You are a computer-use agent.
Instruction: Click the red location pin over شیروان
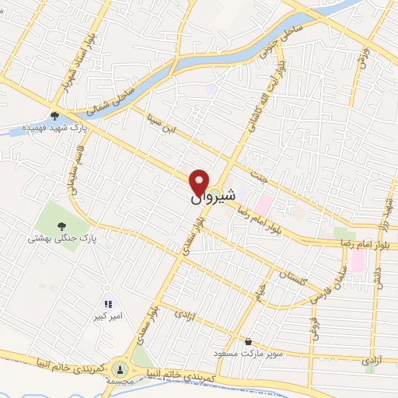click(x=200, y=181)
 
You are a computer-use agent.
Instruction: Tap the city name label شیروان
click(x=206, y=198)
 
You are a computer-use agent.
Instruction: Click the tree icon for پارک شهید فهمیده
click(x=54, y=117)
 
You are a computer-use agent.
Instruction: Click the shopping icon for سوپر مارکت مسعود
click(x=248, y=340)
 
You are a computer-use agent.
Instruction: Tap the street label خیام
click(x=262, y=295)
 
